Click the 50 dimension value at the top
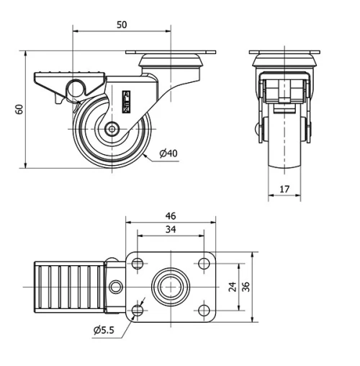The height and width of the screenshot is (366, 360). [122, 24]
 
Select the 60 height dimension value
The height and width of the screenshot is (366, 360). [19, 109]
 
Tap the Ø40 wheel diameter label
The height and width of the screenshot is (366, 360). [169, 153]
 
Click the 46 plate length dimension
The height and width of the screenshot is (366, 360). [171, 215]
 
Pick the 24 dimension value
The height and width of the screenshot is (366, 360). [233, 287]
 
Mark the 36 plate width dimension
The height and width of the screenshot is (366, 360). [246, 287]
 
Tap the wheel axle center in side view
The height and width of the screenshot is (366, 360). [113, 130]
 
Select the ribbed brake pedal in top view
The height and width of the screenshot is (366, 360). [69, 287]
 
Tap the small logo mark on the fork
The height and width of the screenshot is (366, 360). [127, 101]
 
